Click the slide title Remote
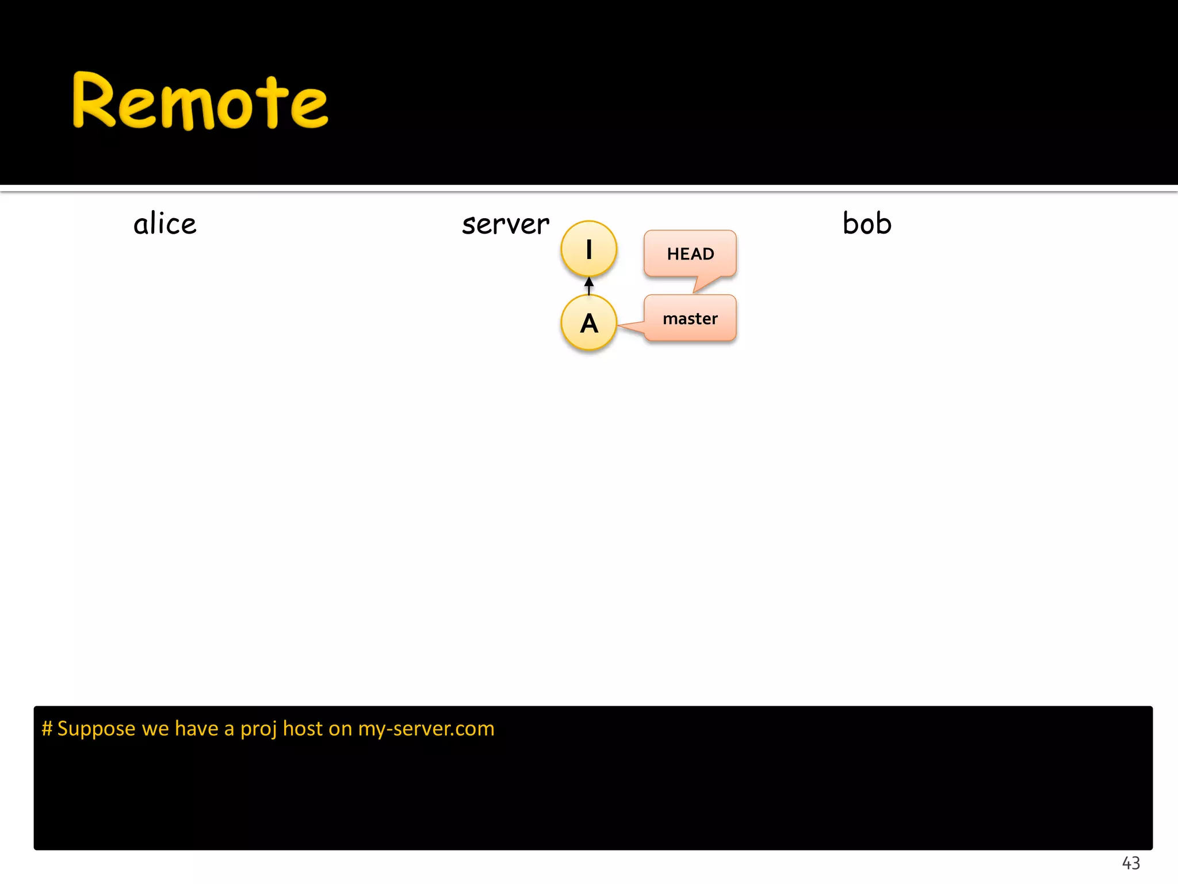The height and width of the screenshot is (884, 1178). click(x=200, y=102)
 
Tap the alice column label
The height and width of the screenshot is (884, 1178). click(x=165, y=223)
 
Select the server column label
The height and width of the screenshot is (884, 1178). click(x=506, y=224)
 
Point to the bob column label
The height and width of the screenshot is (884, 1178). click(x=867, y=223)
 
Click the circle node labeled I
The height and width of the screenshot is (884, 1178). click(x=588, y=249)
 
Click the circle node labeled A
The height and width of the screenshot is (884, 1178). click(x=588, y=322)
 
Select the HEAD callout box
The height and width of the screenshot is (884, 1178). click(x=690, y=253)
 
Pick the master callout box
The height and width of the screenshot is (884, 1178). click(x=690, y=318)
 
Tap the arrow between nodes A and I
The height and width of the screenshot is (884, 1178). click(x=588, y=286)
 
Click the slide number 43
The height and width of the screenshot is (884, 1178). click(x=1131, y=863)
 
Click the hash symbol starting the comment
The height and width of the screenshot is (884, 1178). click(x=47, y=729)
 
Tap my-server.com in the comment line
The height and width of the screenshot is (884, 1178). click(x=426, y=729)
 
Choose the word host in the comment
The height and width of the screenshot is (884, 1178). click(x=303, y=729)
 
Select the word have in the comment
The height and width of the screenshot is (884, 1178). click(x=196, y=729)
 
